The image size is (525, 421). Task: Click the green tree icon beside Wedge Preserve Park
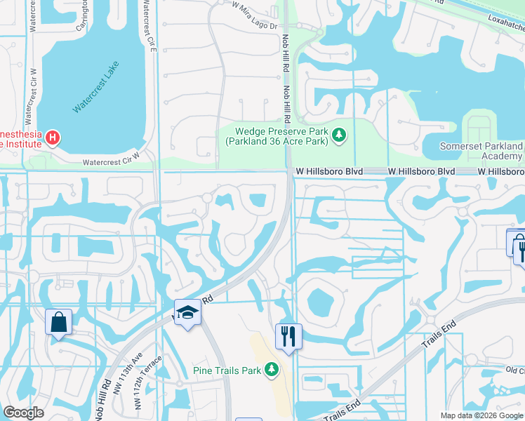coord(339,134)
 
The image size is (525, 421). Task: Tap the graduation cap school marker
coord(187,312)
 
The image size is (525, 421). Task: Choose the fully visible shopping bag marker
coord(59,322)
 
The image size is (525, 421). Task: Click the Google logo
coord(23,413)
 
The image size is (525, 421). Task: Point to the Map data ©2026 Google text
coord(481,415)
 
